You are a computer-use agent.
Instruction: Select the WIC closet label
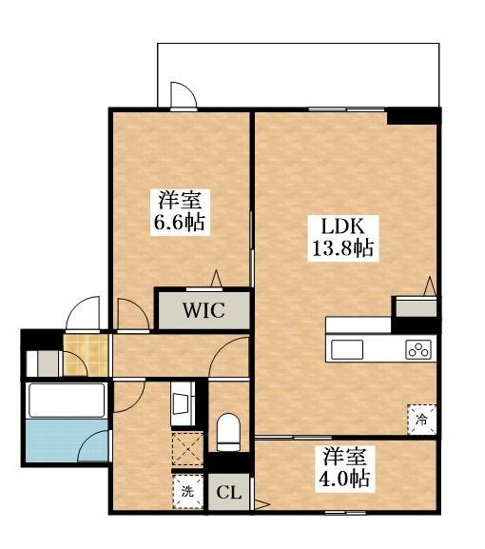[204, 310]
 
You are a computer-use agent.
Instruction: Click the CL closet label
[228, 493]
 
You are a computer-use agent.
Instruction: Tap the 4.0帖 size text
[344, 478]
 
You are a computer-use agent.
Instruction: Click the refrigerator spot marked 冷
[420, 416]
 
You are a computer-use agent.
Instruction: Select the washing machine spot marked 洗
[187, 492]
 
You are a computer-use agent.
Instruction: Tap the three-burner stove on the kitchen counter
[418, 348]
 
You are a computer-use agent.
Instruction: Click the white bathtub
[66, 400]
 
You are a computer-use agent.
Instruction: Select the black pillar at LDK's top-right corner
[413, 116]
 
